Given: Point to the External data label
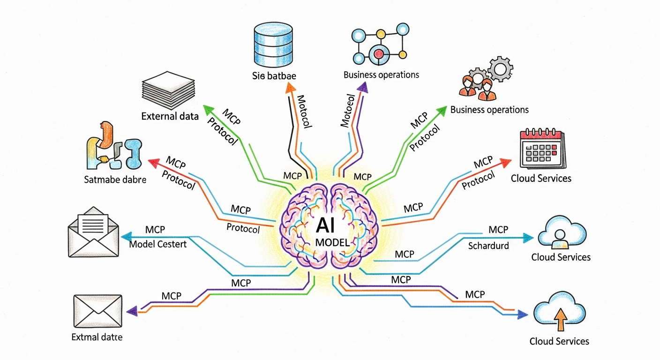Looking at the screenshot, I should [x=170, y=116].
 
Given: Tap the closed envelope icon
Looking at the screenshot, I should [x=98, y=311].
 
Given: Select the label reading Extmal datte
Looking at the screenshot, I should [x=97, y=337].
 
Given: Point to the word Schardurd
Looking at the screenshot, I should [x=488, y=246].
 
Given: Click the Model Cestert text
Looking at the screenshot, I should [x=157, y=244].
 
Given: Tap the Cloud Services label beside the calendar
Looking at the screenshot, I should [x=541, y=178].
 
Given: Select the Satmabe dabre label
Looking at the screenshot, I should [x=115, y=179].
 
